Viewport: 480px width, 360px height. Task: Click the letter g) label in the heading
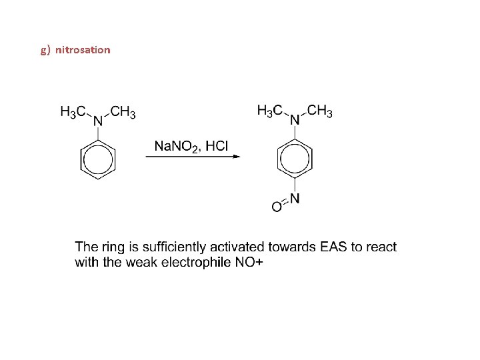[45, 50]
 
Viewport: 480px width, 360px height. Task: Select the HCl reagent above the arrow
[217, 145]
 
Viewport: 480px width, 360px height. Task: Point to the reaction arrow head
[236, 157]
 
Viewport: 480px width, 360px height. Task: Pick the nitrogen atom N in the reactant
[98, 121]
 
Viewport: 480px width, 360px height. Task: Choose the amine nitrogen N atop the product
[295, 119]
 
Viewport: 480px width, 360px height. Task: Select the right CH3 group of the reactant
[123, 111]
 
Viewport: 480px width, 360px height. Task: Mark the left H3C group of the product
[270, 110]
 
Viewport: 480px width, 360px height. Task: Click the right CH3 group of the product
[319, 110]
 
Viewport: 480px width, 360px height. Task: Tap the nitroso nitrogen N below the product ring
[295, 199]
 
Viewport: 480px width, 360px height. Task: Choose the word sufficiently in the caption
[156, 247]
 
